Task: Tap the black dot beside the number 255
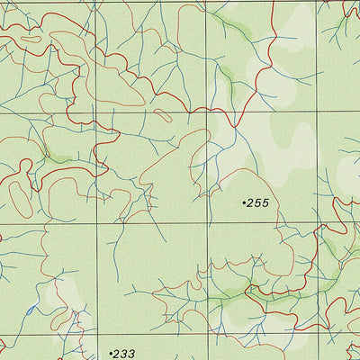(245, 203)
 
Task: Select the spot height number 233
(124, 354)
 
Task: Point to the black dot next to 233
(110, 354)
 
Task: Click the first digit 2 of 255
(253, 203)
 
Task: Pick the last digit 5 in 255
(266, 203)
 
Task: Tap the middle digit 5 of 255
(260, 203)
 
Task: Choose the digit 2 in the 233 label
(117, 354)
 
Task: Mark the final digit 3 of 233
(131, 354)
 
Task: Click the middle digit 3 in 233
(124, 354)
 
